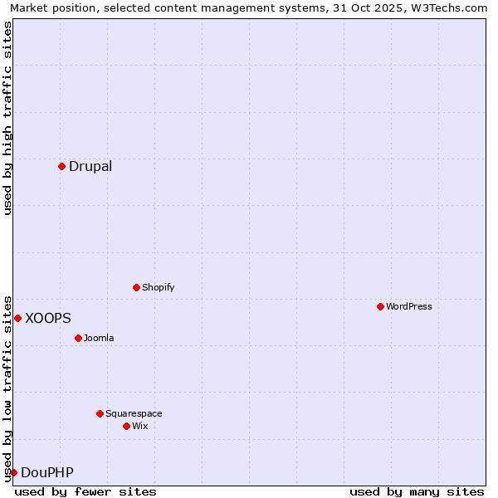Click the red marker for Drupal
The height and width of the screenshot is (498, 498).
[61, 166]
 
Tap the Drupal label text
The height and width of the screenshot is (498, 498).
[90, 166]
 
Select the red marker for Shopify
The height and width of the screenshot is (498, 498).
[136, 287]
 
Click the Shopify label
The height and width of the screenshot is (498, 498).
[158, 287]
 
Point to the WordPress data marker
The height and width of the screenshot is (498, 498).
[380, 306]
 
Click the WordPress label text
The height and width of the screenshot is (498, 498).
[408, 306]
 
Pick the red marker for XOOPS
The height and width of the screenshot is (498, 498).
[17, 318]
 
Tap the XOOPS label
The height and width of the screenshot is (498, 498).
[48, 318]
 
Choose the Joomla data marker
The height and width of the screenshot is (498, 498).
[78, 338]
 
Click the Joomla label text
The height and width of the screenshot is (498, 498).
[99, 338]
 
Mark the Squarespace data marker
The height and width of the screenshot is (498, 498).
[100, 413]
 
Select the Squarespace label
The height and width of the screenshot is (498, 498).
[134, 413]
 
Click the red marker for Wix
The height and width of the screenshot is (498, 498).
[126, 426]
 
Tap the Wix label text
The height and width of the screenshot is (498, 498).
[139, 426]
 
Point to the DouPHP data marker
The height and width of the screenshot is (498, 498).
[13, 472]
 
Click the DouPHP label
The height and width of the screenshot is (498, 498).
[47, 473]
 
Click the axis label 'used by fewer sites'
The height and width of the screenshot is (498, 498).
[85, 491]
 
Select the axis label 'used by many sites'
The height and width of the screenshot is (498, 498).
[417, 491]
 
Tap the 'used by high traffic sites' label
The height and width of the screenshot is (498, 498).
[7, 118]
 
